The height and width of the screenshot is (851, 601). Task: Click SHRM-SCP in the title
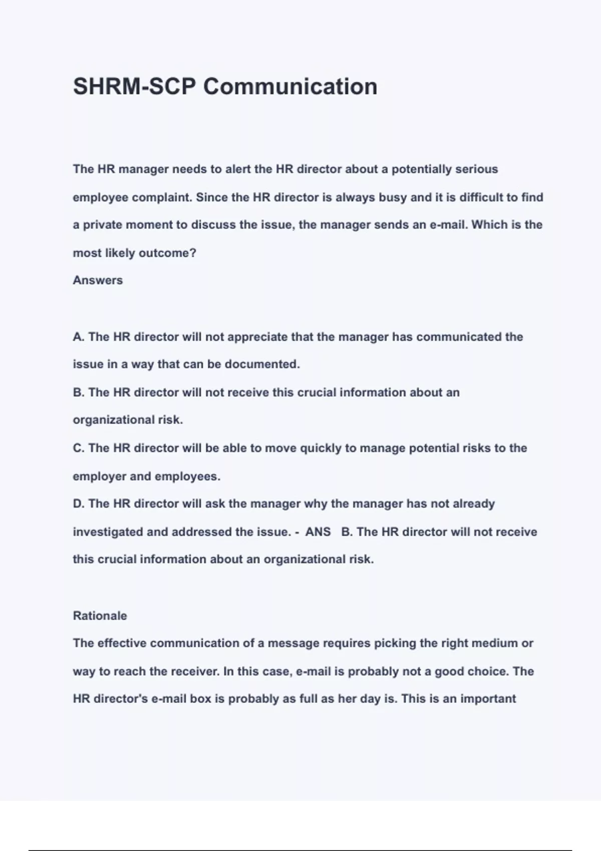click(x=135, y=87)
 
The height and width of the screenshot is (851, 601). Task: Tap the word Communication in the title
click(x=290, y=87)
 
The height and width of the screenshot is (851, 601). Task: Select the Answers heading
click(x=98, y=280)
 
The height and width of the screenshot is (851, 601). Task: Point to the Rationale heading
click(x=100, y=616)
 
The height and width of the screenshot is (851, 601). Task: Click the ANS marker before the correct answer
click(x=318, y=532)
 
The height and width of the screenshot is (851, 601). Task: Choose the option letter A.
click(x=78, y=337)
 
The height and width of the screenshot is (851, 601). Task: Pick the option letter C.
click(x=78, y=448)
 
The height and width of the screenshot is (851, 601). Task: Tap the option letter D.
click(x=78, y=504)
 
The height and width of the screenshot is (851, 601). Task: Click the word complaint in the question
click(x=162, y=198)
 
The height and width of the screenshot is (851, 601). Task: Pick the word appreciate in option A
click(x=257, y=337)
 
